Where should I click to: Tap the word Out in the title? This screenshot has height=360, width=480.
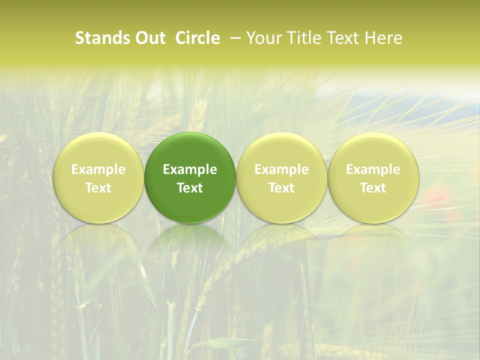148,38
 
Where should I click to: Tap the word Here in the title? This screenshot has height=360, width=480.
384,38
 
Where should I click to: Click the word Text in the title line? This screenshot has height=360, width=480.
343,38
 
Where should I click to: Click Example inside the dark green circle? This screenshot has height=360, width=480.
190,169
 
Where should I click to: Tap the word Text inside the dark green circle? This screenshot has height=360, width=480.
190,188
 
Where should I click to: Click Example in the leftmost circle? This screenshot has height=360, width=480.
98,169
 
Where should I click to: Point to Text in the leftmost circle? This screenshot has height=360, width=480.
98,188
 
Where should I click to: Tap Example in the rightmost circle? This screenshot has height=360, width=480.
373,169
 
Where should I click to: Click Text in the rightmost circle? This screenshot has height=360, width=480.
373,188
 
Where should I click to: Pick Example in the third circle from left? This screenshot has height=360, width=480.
281,169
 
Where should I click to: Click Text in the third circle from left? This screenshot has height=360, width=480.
281,188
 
